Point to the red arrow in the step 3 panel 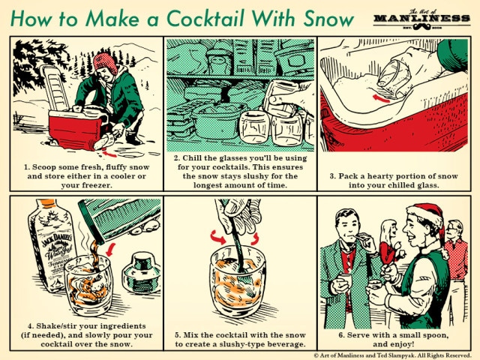pyautogui.click(x=381, y=97)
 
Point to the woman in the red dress pyautogui.click(x=388, y=247)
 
